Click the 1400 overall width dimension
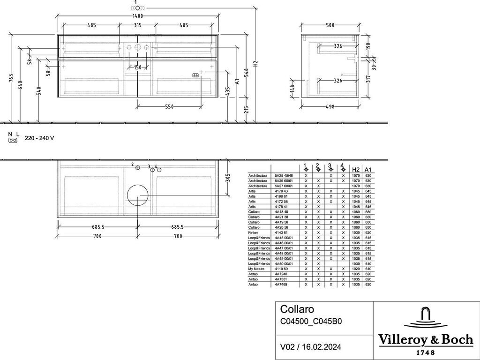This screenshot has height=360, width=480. click(137, 16)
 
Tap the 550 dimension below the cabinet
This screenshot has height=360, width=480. click(169, 107)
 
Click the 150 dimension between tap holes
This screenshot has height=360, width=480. click(137, 67)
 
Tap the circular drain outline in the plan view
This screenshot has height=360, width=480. click(137, 195)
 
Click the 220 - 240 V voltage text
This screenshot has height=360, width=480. click(39, 138)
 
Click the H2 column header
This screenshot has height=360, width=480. click(356, 169)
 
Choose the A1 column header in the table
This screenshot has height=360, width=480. click(368, 169)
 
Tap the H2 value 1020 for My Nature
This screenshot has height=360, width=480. click(356, 269)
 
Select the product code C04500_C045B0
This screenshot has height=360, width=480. click(311, 322)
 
